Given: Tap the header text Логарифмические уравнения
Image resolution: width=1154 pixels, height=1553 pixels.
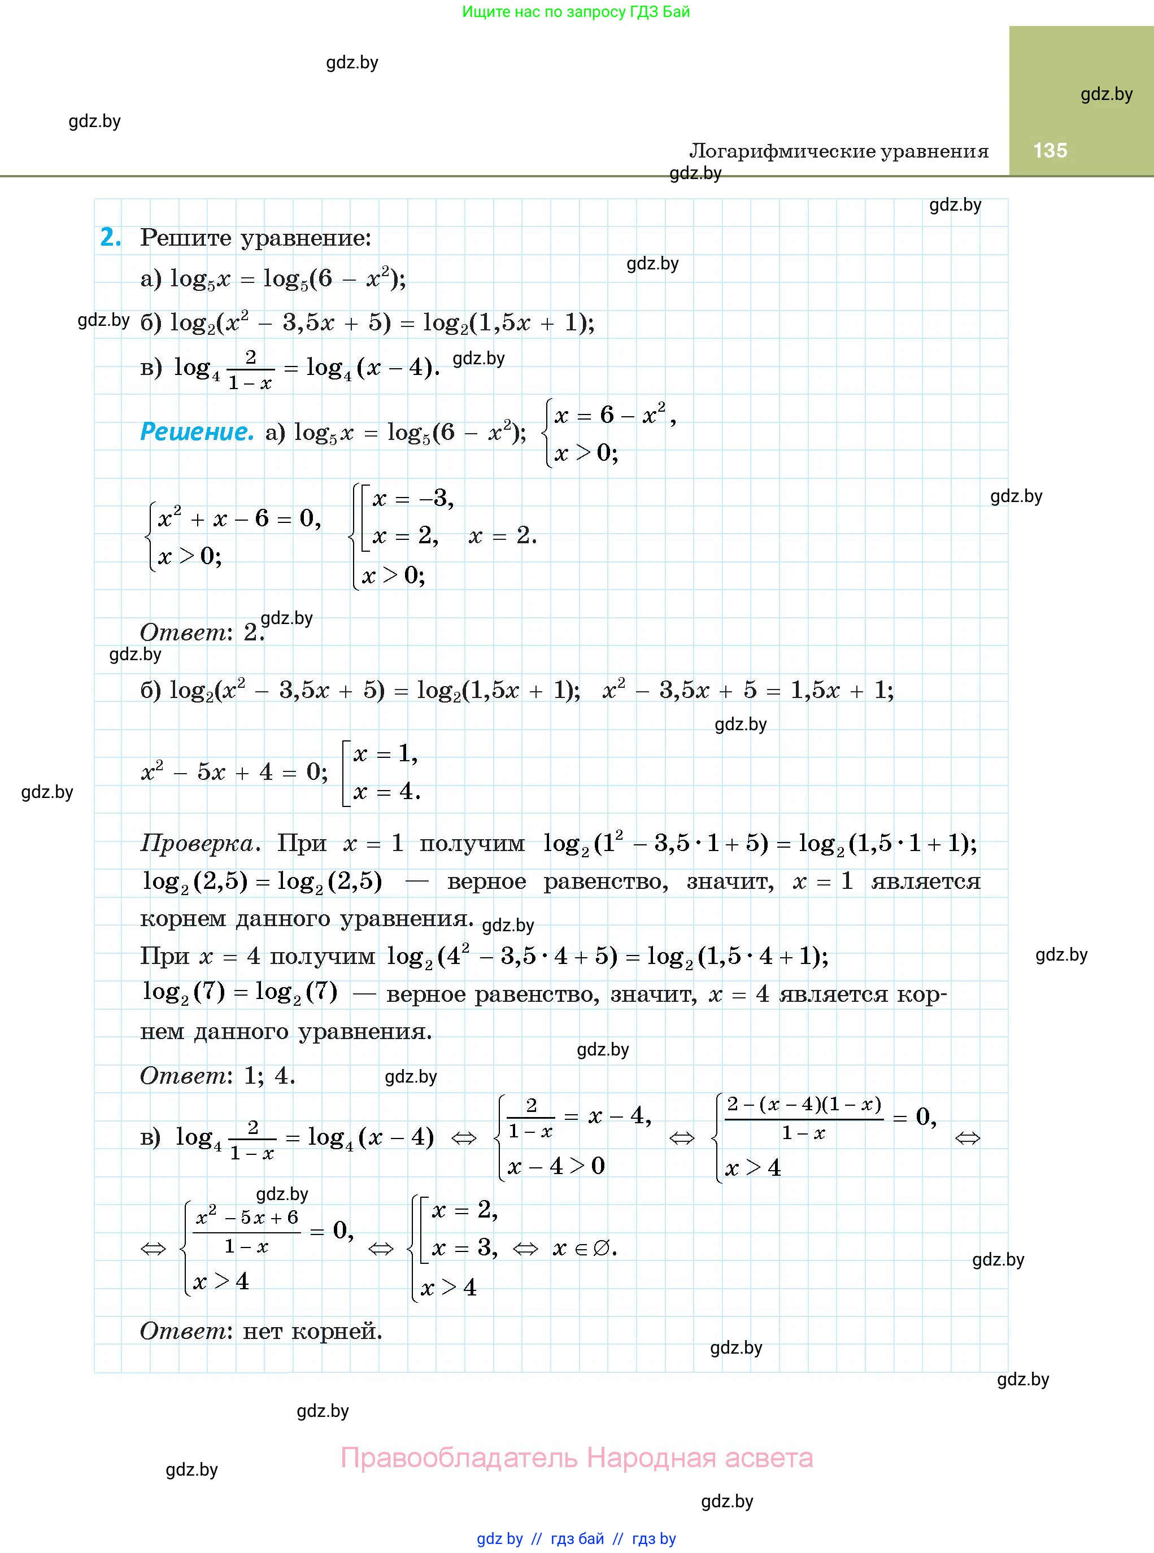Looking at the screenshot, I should pos(838,151).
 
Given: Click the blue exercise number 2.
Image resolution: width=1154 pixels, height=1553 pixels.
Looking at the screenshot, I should pos(110,237).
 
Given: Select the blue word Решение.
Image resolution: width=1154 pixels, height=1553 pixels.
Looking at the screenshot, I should pos(197,431).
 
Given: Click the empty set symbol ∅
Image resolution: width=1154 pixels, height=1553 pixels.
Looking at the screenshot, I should pos(601,1248).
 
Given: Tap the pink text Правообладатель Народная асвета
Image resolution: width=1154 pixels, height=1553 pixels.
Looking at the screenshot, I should pos(576,1458).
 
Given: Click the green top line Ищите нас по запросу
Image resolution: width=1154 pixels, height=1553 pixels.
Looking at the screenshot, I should pos(576,12).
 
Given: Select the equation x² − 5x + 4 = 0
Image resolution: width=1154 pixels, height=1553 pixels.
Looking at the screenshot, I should pos(233,773).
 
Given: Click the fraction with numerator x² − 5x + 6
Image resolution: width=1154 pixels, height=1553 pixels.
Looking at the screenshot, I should pos(247,1232).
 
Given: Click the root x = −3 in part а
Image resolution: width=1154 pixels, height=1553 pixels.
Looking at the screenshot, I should pos(413,499).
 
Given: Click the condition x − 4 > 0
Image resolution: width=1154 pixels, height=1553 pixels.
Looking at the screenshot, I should pos(556,1166).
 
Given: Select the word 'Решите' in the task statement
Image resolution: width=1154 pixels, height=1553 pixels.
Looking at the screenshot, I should pos(186,238).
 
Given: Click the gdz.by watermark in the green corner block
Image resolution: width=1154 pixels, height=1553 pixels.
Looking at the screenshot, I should pos(1106,94).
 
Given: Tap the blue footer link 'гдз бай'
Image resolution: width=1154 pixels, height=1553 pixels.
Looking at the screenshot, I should pos(577,1538).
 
